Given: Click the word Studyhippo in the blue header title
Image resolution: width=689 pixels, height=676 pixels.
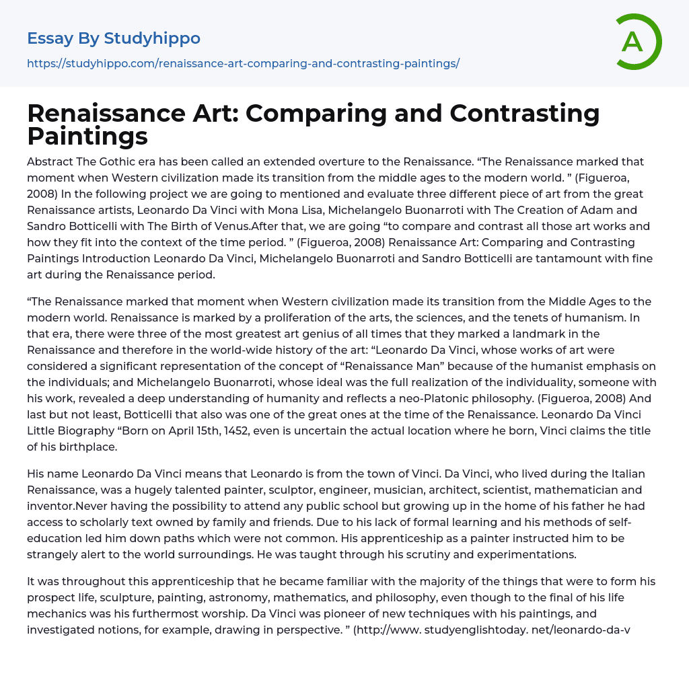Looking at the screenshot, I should coord(152,38).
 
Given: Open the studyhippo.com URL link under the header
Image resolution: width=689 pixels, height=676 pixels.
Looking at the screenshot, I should coord(243,63).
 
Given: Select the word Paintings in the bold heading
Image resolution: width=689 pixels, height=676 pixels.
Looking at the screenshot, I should coord(87,137).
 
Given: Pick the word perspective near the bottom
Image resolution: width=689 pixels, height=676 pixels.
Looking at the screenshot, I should coord(303,630).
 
